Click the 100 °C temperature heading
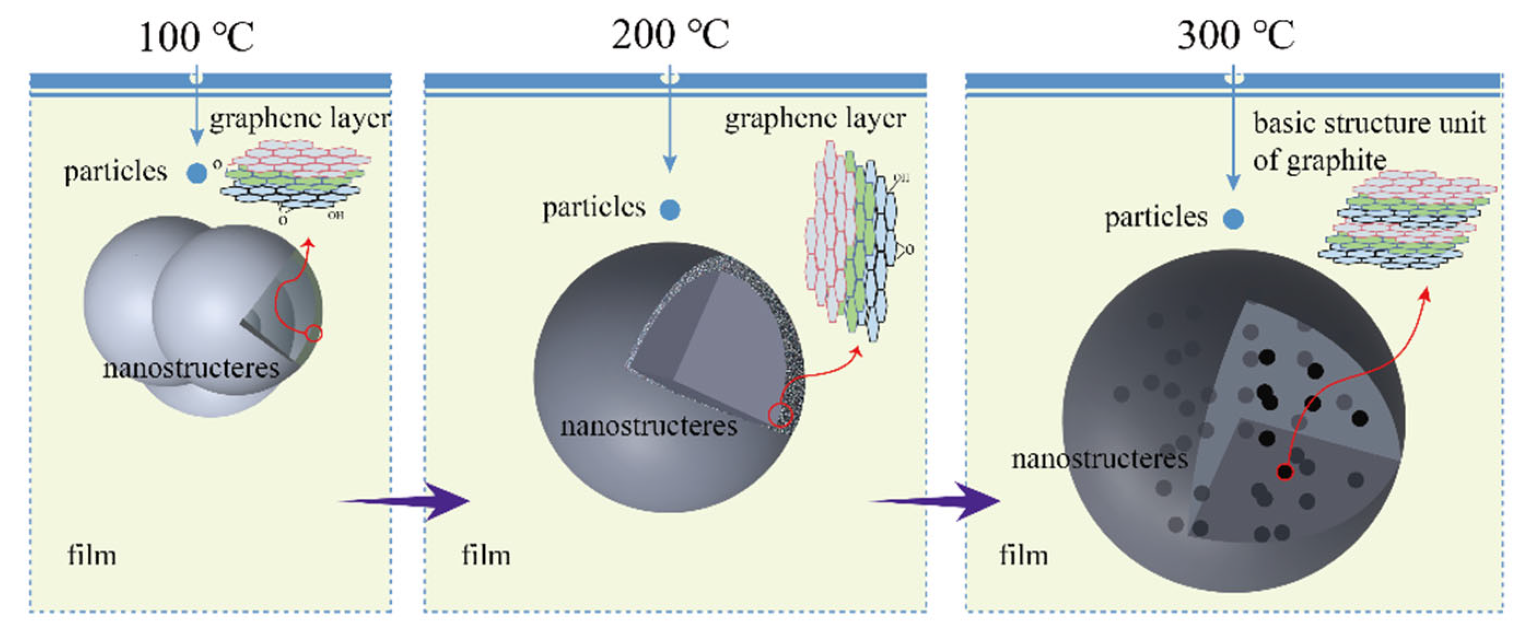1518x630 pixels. click(196, 37)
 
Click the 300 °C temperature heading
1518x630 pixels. click(1235, 36)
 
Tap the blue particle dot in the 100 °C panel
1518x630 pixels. click(196, 173)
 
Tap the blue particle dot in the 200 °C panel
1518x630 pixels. click(670, 209)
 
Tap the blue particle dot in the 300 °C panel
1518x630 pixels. click(1233, 219)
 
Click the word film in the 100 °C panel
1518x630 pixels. click(92, 555)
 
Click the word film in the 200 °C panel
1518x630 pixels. click(485, 555)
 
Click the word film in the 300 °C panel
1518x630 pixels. click(1024, 555)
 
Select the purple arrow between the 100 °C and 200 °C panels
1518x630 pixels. click(413, 501)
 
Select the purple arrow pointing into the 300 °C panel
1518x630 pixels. click(943, 501)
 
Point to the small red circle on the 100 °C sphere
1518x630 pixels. click(314, 334)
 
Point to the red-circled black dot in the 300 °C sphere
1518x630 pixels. click(1285, 471)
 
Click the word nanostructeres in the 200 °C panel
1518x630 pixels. click(648, 426)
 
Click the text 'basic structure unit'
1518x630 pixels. click(1368, 124)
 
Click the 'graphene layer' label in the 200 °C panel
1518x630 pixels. click(814, 119)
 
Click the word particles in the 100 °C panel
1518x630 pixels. click(115, 172)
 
